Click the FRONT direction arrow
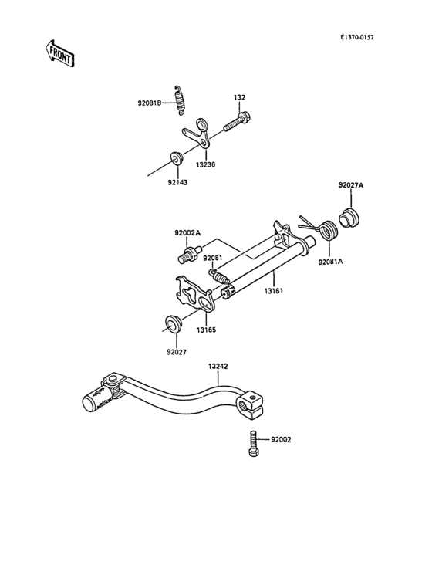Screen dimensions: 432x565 [x=59, y=53]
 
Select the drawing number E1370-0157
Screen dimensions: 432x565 [x=356, y=38]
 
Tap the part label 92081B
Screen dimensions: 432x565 [x=150, y=103]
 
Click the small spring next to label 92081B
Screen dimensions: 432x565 [x=180, y=100]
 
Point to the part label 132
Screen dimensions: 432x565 [x=239, y=98]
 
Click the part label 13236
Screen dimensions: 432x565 [x=205, y=164]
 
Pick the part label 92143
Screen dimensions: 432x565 [x=177, y=183]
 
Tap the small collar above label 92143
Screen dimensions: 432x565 [x=177, y=158]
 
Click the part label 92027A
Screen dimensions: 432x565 [x=351, y=185]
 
